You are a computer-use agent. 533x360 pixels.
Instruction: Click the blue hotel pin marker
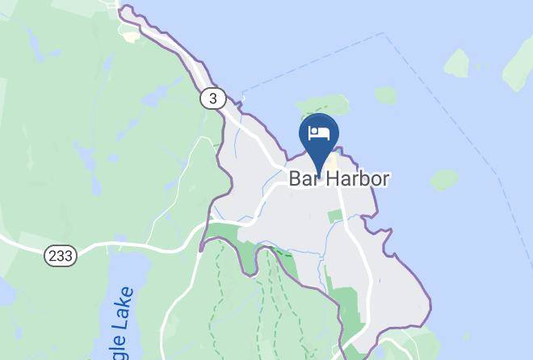[319, 139]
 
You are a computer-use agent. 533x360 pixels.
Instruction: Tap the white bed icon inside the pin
[320, 134]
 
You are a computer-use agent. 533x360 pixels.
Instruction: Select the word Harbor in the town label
[358, 179]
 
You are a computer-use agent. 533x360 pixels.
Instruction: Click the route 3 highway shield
[212, 98]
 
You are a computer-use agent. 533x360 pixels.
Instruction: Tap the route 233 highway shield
[60, 255]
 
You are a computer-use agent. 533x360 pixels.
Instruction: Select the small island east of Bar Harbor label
[443, 180]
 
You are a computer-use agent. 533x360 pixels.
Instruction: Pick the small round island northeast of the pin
[385, 95]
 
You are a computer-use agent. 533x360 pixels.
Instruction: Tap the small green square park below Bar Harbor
[335, 216]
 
